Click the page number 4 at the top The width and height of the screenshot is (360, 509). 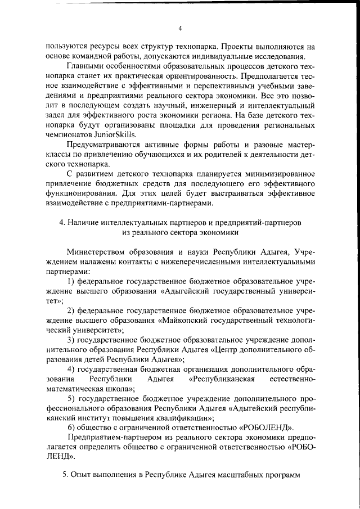[180, 29]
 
